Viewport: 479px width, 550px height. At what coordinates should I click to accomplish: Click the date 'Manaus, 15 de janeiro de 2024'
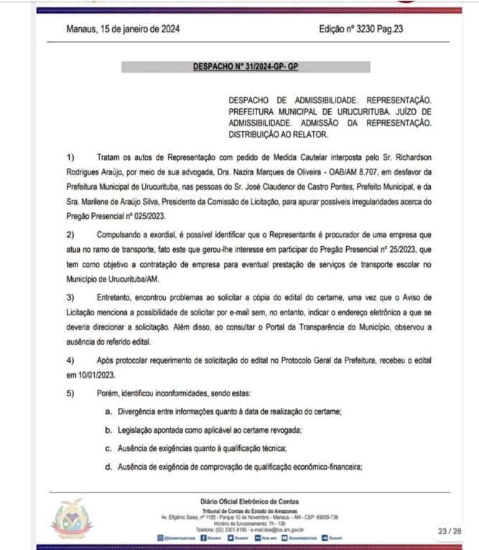[x=122, y=30]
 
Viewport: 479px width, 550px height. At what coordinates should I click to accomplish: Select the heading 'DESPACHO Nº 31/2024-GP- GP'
[x=246, y=67]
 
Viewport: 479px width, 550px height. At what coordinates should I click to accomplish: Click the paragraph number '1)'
[x=70, y=157]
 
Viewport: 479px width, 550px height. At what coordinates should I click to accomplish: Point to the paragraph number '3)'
[x=70, y=297]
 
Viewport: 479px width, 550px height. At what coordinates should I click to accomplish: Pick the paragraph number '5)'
[x=70, y=393]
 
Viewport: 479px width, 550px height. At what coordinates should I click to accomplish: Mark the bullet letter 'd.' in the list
[x=108, y=467]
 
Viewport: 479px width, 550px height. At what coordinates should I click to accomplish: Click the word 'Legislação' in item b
[x=139, y=429]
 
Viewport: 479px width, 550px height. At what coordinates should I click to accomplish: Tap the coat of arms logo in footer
[x=72, y=519]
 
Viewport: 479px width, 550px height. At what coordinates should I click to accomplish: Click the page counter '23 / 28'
[x=450, y=531]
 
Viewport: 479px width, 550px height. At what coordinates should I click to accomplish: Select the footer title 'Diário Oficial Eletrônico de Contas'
[x=250, y=501]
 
